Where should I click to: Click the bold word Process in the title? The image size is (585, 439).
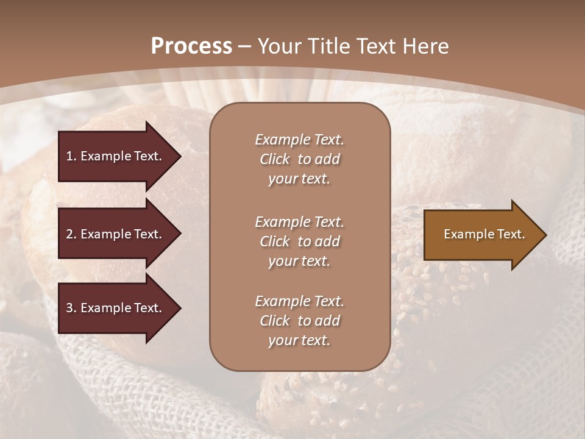pyautogui.click(x=191, y=46)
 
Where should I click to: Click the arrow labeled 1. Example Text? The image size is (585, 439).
pyautogui.click(x=116, y=156)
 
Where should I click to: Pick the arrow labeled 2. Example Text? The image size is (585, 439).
pyautogui.click(x=116, y=234)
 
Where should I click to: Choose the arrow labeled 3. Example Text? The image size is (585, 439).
pyautogui.click(x=116, y=308)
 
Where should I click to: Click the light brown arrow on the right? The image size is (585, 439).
pyautogui.click(x=481, y=235)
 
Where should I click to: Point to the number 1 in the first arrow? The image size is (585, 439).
pyautogui.click(x=69, y=156)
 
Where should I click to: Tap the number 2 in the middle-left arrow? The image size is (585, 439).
pyautogui.click(x=69, y=234)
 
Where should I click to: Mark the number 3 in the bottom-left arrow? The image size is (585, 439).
pyautogui.click(x=69, y=308)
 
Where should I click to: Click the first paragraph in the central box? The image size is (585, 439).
pyautogui.click(x=299, y=159)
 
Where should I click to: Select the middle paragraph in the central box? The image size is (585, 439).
pyautogui.click(x=299, y=241)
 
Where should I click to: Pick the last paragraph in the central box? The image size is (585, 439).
pyautogui.click(x=299, y=321)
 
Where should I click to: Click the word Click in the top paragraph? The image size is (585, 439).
pyautogui.click(x=274, y=159)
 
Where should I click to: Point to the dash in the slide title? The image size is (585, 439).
pyautogui.click(x=244, y=46)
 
